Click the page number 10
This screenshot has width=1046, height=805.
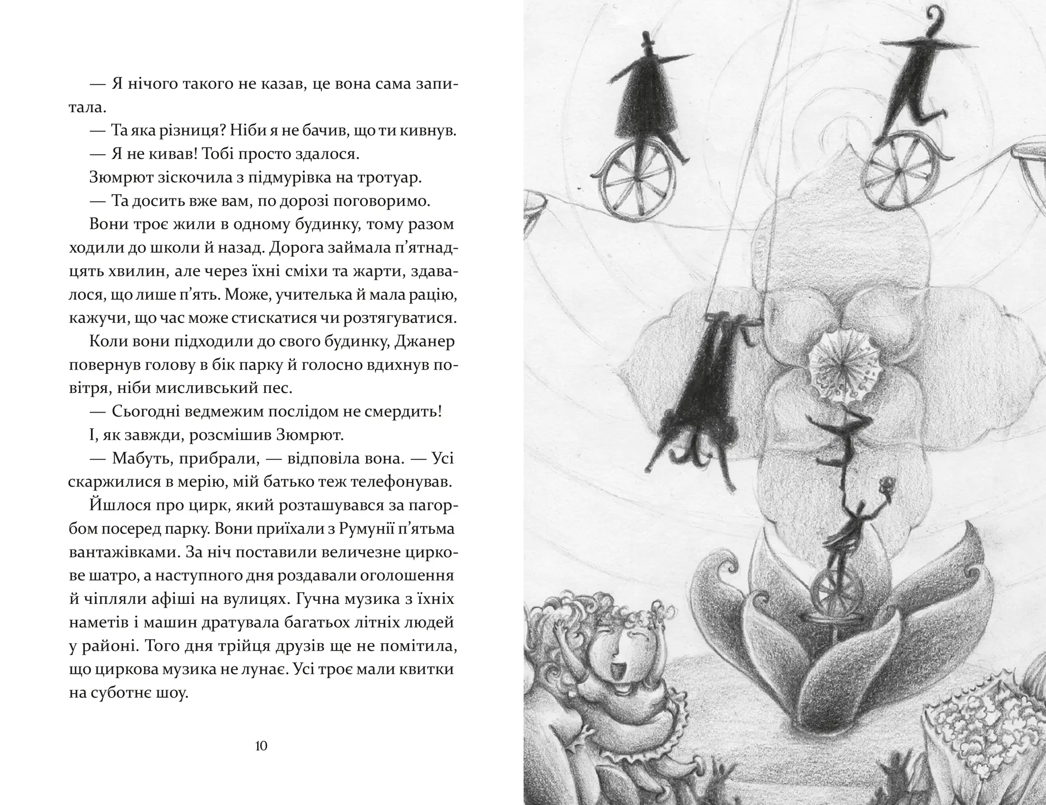coord(261,746)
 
